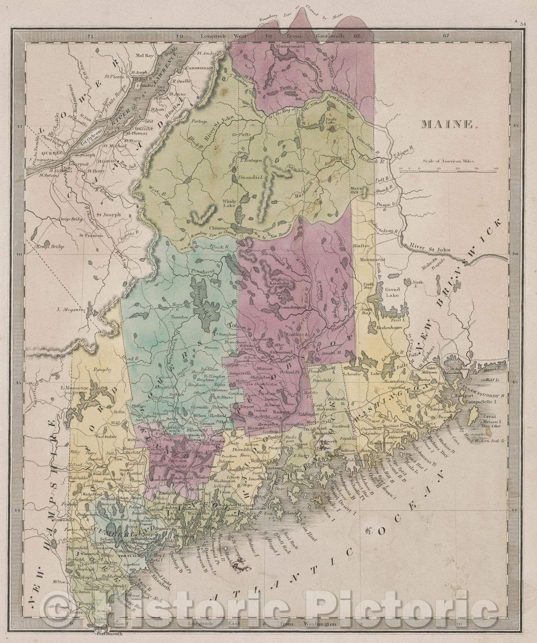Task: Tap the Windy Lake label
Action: (230, 203)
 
